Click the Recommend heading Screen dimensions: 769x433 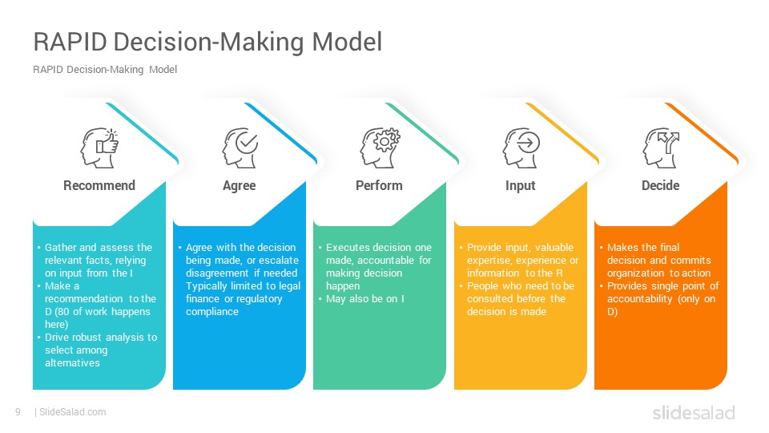99,185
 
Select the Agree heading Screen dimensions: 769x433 240,186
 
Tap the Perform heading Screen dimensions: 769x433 379,185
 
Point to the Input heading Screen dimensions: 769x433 521,186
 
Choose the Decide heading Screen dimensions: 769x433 661,185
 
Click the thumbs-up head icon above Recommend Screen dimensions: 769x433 99,148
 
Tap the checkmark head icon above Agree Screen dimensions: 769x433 240,148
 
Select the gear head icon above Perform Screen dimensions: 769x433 380,148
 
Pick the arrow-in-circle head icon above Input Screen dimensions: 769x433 521,148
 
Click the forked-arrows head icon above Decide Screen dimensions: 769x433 661,148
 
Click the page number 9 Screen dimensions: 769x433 18,412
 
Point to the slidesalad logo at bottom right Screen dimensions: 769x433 694,412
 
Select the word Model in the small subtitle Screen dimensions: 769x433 163,70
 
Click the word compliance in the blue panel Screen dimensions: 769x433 211,312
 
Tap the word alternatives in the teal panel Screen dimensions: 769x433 72,362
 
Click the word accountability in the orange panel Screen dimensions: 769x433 639,299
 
